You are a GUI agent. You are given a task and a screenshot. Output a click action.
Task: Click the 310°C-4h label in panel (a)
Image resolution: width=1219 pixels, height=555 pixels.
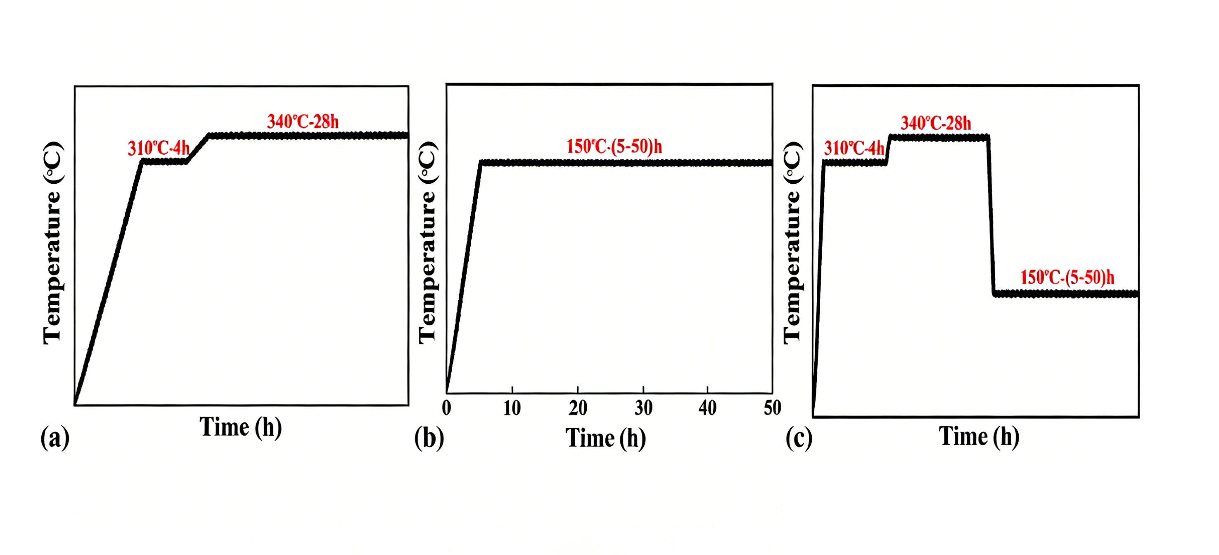click(159, 149)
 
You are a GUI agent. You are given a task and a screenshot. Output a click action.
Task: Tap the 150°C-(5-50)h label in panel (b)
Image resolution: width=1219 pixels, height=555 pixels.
click(614, 147)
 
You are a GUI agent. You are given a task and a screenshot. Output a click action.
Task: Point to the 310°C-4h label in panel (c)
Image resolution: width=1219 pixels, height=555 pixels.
click(854, 149)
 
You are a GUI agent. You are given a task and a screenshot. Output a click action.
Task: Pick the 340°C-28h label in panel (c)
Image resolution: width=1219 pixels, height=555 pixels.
click(936, 123)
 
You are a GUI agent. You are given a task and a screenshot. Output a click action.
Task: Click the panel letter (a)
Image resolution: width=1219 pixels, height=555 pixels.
click(55, 437)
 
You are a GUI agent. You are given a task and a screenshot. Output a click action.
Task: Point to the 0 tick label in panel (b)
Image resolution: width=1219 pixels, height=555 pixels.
click(446, 408)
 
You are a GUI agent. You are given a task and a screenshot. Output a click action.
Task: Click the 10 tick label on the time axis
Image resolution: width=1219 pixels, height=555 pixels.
click(512, 408)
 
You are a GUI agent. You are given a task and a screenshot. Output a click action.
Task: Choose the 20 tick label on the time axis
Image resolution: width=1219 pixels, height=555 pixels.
click(578, 408)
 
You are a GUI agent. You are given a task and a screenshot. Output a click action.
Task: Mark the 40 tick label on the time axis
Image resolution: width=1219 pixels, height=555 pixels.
click(707, 408)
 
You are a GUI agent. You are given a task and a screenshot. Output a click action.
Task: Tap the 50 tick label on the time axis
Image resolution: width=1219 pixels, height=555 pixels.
click(772, 408)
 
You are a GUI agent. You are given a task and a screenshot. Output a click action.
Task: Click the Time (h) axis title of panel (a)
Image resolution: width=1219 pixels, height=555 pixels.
click(240, 427)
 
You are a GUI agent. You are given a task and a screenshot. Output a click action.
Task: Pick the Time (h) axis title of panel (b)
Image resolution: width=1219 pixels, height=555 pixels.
click(606, 438)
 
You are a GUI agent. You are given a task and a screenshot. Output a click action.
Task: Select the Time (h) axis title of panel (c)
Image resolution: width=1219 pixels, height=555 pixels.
click(979, 436)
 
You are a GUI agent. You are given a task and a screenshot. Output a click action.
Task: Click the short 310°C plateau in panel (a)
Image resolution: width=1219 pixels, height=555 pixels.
click(165, 162)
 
